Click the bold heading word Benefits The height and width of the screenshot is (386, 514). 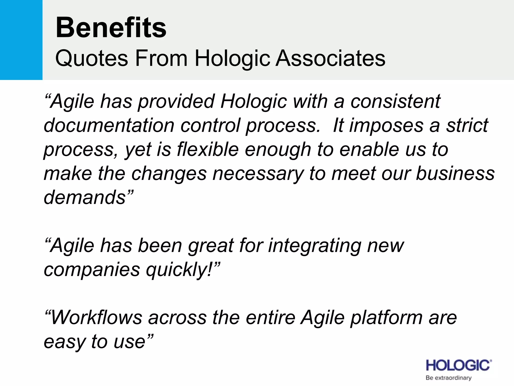click(111, 28)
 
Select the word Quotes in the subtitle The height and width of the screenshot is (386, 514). click(91, 58)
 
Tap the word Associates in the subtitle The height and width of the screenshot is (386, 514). click(330, 58)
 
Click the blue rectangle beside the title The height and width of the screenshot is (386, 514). click(21, 40)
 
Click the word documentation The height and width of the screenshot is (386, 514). click(109, 125)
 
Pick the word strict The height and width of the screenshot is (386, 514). click(467, 125)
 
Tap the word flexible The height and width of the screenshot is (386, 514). click(208, 150)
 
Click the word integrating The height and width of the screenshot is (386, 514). click(315, 246)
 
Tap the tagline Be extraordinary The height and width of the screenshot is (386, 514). click(448, 378)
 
